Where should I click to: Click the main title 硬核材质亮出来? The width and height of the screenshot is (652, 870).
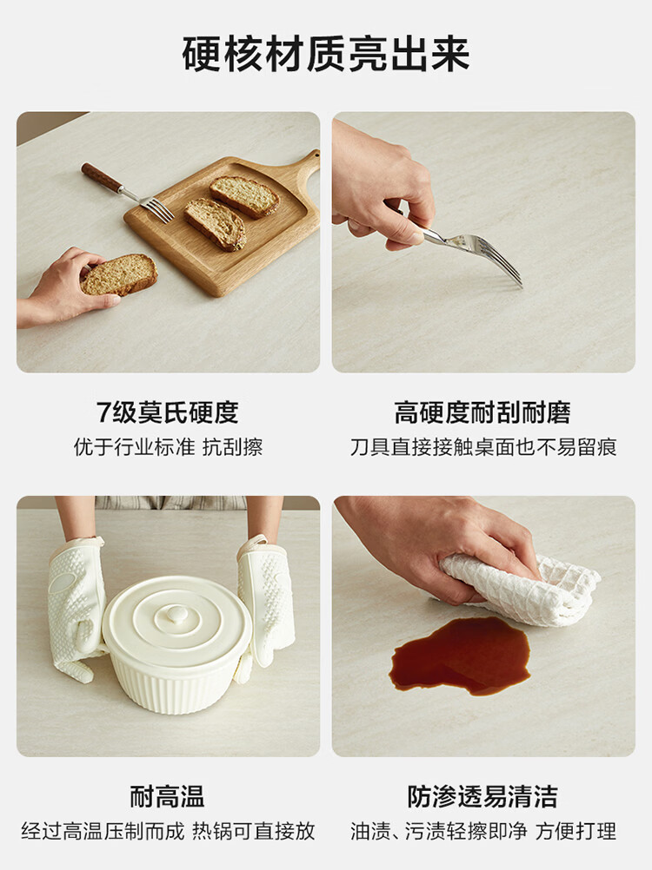[x=326, y=54]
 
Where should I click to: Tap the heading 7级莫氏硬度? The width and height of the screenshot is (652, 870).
[x=168, y=412]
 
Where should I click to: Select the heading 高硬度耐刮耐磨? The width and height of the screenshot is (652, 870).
[x=482, y=412]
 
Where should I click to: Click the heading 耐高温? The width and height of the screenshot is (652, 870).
[x=168, y=796]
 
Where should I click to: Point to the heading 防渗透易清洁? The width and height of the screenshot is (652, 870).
[x=482, y=796]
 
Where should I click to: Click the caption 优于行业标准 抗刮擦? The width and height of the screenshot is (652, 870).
[x=169, y=446]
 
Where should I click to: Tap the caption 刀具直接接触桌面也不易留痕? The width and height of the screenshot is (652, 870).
[x=483, y=446]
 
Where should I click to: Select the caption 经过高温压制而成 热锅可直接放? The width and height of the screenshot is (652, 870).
[x=169, y=831]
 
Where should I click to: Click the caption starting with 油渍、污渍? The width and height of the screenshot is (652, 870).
[x=483, y=831]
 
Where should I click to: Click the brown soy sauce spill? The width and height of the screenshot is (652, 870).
[x=460, y=656]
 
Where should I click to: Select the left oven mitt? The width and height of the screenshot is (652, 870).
[x=77, y=605]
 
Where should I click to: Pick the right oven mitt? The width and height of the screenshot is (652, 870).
[x=265, y=602]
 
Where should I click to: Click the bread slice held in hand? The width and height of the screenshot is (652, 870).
[x=119, y=274]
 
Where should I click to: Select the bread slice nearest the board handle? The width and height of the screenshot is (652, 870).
[x=244, y=196]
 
